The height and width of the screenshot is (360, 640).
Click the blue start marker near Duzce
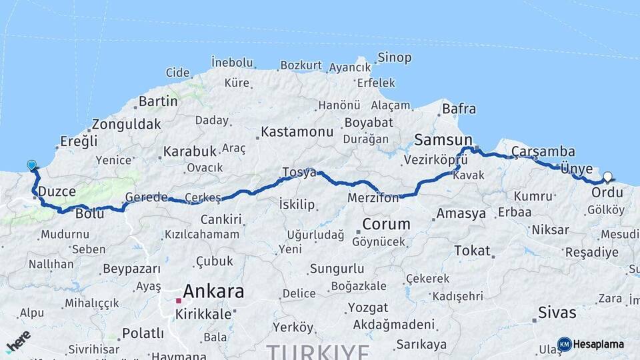point(31,165)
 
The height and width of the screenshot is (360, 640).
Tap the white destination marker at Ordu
point(607,177)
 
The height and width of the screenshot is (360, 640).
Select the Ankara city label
point(213,291)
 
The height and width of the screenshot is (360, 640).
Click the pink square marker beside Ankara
point(179,301)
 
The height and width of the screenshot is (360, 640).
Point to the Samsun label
point(439,139)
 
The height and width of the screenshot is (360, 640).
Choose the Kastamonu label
point(297,132)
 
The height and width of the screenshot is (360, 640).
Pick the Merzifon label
point(373,198)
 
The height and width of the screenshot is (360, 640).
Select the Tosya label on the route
point(299,172)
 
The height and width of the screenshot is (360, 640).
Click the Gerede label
point(146,197)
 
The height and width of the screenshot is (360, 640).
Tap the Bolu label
point(89,214)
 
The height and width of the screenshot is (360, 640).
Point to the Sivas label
point(558,311)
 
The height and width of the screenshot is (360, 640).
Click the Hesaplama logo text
point(598,344)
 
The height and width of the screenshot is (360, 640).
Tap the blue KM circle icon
point(564,344)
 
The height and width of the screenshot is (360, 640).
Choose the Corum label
point(386,223)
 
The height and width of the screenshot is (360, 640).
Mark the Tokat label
point(472,251)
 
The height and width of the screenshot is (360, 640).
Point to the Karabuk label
point(191,151)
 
